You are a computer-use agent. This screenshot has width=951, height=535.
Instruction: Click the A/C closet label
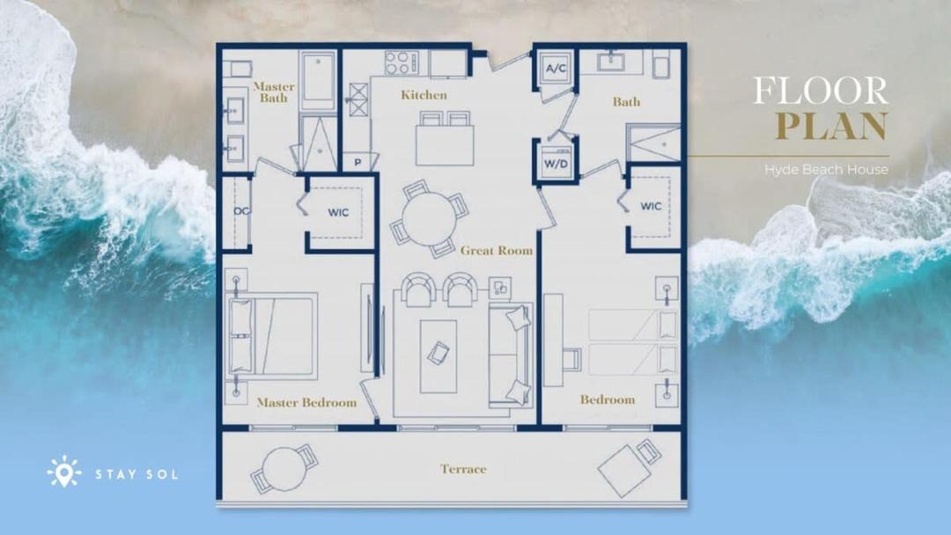(x=557, y=69)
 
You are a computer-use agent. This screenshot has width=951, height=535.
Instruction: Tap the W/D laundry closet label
(x=556, y=164)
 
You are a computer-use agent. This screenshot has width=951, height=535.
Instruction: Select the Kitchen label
(x=424, y=95)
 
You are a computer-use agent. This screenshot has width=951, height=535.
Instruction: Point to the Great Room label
(x=496, y=250)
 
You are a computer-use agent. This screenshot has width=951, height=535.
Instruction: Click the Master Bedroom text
(x=306, y=402)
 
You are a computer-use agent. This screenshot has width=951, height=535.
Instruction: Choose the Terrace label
(x=463, y=469)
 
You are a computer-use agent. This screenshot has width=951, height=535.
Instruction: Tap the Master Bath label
(x=274, y=92)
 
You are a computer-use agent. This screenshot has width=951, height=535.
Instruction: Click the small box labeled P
(x=358, y=163)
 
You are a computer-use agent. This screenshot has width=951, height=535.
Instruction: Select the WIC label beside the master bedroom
(x=338, y=213)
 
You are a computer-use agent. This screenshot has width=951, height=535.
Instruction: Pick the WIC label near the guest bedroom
(x=651, y=206)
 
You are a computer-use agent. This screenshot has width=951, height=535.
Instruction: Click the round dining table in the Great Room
(x=430, y=219)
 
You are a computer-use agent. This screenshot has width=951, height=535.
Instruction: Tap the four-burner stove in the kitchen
(x=402, y=63)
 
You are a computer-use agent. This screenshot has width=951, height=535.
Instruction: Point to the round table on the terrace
(x=284, y=468)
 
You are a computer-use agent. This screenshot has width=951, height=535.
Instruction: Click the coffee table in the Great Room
(x=438, y=356)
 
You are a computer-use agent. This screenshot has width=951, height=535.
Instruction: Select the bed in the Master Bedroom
(x=272, y=336)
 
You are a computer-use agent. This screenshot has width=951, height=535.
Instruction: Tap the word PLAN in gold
(x=831, y=126)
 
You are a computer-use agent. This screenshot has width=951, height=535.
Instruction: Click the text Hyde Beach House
(x=826, y=170)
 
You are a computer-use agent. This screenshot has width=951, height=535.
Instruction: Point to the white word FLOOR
(x=821, y=91)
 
